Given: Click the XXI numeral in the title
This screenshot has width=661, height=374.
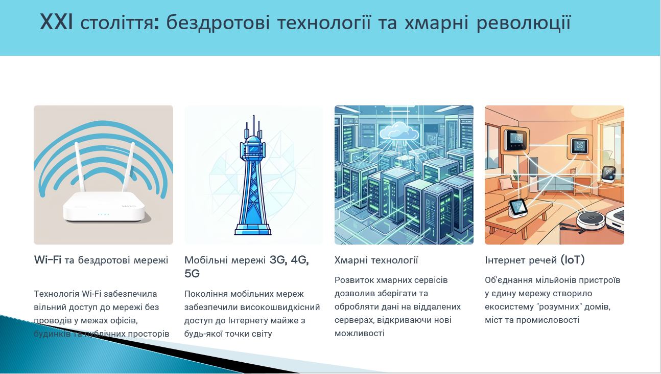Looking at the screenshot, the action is coord(56,22).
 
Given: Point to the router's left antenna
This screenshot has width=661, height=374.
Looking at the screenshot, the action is coord(80,167).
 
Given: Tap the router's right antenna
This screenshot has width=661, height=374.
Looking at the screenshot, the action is coord(128,167).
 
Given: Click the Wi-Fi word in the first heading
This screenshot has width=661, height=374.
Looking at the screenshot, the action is coord(48,260).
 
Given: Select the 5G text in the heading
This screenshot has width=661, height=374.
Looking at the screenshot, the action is coord(192,274).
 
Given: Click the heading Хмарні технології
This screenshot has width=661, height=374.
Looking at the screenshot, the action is coord(376,260).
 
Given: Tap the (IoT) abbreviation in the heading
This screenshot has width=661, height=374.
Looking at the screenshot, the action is coord(573,260).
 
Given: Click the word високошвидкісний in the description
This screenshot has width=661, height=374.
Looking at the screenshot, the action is coord(280,307).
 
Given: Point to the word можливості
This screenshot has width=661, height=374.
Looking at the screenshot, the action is coord(360,334).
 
